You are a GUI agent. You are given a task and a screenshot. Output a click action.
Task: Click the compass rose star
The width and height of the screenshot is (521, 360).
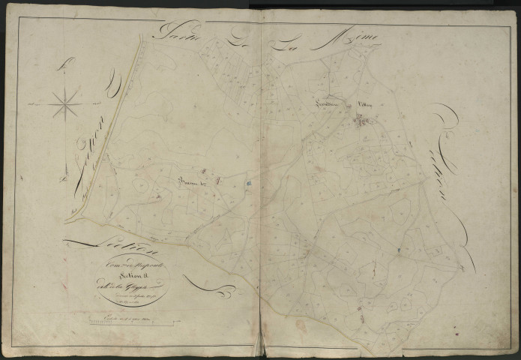(x=67, y=101)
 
